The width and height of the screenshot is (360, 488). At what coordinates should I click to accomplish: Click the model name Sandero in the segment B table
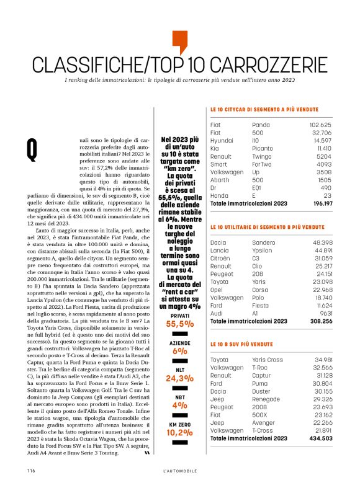coord(265,242)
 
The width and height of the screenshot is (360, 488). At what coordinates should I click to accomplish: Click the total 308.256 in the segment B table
coord(319,321)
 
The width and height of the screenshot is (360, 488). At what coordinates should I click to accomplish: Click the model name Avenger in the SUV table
coord(264,422)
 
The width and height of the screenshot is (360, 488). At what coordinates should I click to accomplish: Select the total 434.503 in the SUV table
coord(319,438)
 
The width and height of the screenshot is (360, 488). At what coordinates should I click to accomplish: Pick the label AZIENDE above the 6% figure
coord(179,342)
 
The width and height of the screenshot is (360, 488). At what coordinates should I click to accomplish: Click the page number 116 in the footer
coord(30,471)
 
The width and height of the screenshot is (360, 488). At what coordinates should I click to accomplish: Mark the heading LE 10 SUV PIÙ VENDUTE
coord(242,344)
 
